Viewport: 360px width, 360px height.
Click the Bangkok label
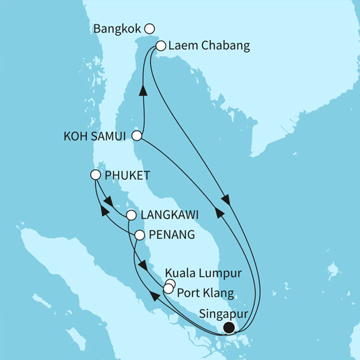click(x=117, y=29)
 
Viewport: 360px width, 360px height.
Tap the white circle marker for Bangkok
click(x=149, y=29)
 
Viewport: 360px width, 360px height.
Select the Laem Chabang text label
click(x=201, y=47)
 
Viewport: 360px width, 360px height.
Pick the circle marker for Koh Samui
click(x=138, y=136)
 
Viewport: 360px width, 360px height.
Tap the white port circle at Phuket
click(x=96, y=175)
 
